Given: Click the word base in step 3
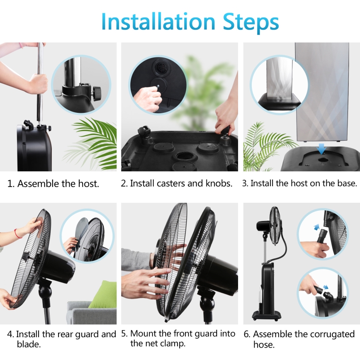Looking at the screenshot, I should [x=347, y=183].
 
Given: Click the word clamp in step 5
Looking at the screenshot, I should [x=172, y=343].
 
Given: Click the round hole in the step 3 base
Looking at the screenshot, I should [x=321, y=158].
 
